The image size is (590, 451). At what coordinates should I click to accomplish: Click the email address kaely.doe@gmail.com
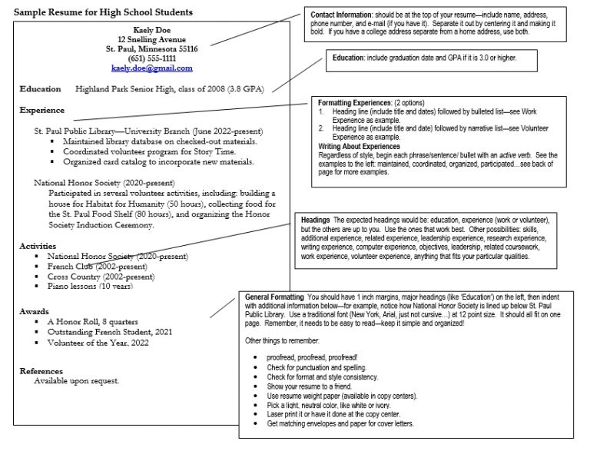pyautogui.click(x=151, y=68)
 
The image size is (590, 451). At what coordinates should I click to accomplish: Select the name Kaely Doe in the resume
pyautogui.click(x=151, y=28)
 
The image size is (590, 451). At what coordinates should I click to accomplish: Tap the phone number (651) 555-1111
pyautogui.click(x=151, y=58)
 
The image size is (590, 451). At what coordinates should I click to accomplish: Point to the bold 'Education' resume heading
pyautogui.click(x=40, y=89)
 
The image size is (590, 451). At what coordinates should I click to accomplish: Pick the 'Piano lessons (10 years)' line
pyautogui.click(x=90, y=286)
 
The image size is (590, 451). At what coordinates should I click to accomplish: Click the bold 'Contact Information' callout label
pyautogui.click(x=343, y=15)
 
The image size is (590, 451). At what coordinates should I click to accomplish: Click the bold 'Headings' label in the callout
pyautogui.click(x=316, y=220)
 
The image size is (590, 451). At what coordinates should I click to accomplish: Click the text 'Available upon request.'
pyautogui.click(x=76, y=381)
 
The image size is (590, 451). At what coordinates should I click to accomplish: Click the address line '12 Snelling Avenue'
pyautogui.click(x=151, y=38)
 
